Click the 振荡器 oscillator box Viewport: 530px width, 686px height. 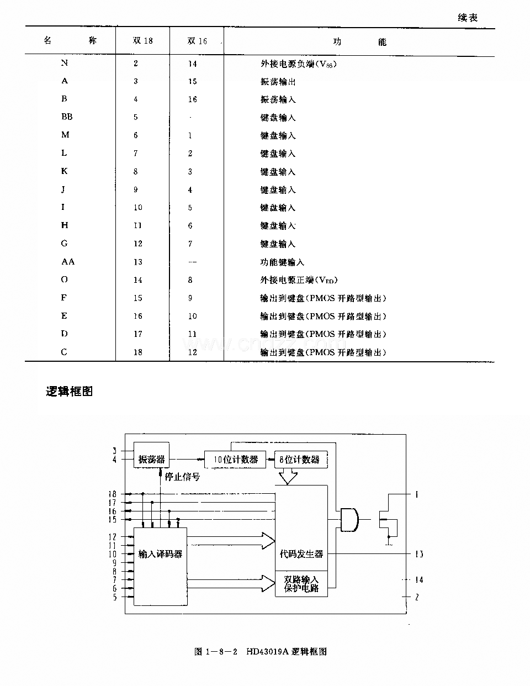[151, 459]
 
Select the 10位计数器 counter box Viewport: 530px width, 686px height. [236, 460]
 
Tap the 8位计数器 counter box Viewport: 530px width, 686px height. [299, 460]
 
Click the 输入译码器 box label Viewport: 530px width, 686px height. [160, 553]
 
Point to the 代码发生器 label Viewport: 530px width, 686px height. [301, 553]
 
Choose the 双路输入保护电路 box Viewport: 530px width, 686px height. [301, 584]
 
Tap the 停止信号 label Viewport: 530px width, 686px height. [182, 477]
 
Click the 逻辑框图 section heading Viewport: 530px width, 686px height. [69, 392]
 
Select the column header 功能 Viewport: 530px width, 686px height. [359, 41]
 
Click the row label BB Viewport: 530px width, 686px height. [67, 117]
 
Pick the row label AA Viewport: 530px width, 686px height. [68, 262]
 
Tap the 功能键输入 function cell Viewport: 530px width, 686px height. [282, 262]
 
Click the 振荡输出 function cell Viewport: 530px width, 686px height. [278, 81]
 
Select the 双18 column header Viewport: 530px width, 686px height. [142, 41]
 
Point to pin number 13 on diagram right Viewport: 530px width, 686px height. [419, 553]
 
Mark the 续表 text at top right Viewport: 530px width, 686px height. [467, 18]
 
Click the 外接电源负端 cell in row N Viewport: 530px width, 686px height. [298, 64]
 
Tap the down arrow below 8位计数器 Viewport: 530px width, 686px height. [287, 477]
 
